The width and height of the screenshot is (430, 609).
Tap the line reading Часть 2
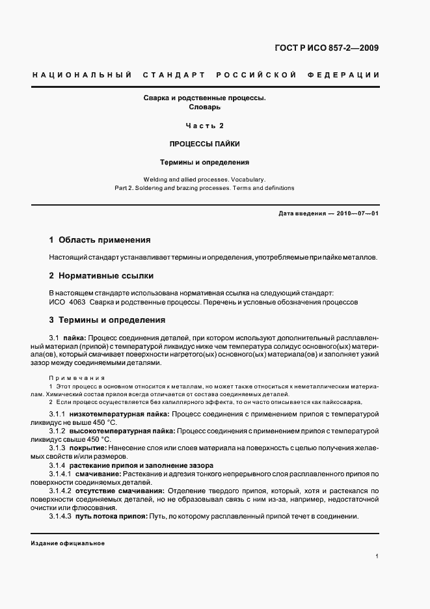205,126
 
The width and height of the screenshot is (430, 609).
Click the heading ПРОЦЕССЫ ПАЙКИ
205,144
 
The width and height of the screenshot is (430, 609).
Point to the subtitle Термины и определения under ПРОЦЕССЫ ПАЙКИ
205,162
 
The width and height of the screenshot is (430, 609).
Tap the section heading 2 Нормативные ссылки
92,275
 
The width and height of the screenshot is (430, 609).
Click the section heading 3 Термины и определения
107,320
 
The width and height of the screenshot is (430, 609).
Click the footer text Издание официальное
68,543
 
